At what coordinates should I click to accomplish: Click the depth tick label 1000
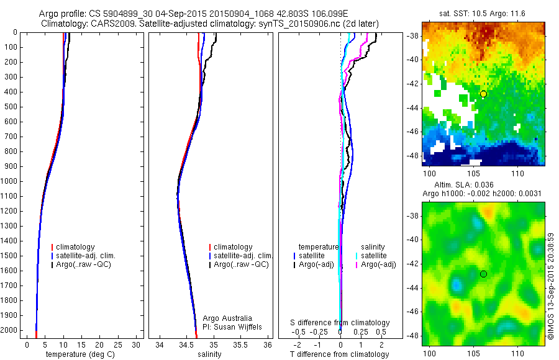click(x=9, y=181)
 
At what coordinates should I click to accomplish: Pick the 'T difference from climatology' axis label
click(x=340, y=354)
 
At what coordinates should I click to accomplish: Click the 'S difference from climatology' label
click(x=340, y=323)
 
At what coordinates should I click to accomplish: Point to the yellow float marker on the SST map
click(x=483, y=94)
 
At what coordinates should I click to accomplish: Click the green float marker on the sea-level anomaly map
click(x=483, y=274)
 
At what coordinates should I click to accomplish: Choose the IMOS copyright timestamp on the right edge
click(x=552, y=286)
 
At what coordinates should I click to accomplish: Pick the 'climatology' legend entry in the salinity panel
click(x=233, y=247)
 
